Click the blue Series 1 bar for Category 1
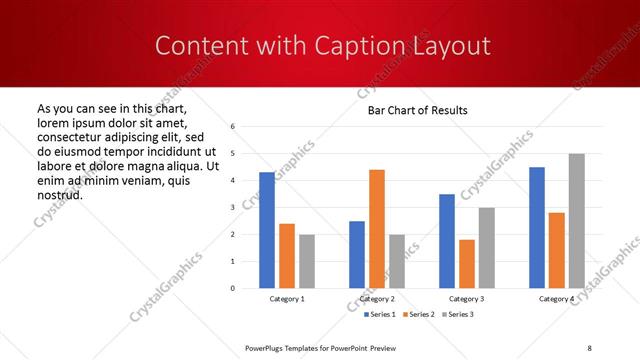(267, 230)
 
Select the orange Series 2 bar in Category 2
(377, 229)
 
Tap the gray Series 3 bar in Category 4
(577, 221)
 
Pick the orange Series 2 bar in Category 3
(467, 264)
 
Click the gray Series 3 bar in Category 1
(307, 261)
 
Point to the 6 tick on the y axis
(232, 127)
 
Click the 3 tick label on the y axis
(232, 208)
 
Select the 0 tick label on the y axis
(232, 288)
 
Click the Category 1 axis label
(287, 299)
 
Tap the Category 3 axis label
(467, 299)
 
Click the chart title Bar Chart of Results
(411, 110)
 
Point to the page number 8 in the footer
(589, 347)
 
